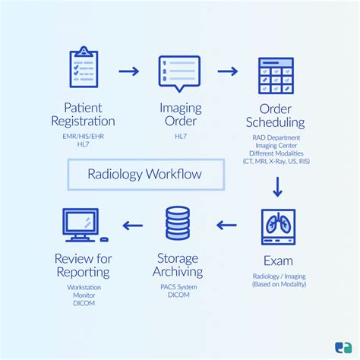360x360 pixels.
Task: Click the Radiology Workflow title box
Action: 146,174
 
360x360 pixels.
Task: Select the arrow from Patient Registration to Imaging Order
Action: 130,72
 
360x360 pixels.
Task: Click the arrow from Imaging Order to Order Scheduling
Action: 228,72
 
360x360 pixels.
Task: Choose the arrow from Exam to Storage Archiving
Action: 228,225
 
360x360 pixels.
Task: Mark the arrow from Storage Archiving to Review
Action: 133,225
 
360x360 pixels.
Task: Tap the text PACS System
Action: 179,286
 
